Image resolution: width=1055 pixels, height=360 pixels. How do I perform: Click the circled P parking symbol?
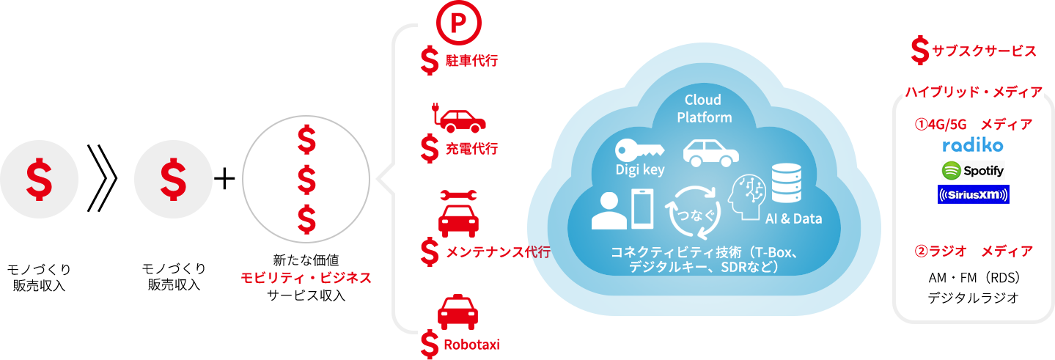[x=458, y=23]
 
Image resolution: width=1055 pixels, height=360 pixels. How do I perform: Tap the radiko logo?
[x=972, y=145]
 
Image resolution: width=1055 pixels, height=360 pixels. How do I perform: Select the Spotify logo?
[x=973, y=171]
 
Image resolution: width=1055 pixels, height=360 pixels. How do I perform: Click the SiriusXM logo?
[x=973, y=195]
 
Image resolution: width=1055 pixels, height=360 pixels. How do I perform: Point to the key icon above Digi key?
[x=639, y=150]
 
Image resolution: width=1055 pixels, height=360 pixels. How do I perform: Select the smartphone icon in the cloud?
[x=643, y=209]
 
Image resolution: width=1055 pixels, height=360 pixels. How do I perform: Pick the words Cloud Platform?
[x=703, y=109]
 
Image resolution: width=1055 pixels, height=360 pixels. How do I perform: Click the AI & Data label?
[x=793, y=218]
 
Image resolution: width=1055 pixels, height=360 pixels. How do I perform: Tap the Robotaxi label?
[x=472, y=344]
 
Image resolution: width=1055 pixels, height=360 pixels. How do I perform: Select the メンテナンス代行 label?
[x=498, y=252]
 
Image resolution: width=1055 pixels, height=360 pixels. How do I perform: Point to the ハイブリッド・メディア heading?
[x=974, y=92]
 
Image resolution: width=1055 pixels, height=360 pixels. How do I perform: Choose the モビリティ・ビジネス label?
[x=306, y=278]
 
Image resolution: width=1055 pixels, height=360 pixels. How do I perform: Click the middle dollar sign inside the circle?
[x=306, y=179]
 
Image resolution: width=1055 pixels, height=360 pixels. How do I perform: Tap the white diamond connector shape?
[x=400, y=179]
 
